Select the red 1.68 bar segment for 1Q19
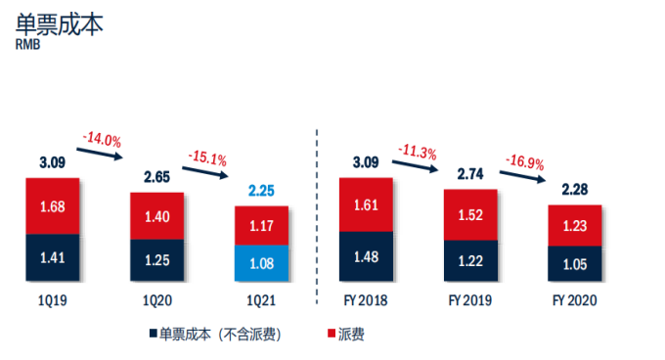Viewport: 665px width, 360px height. (x=53, y=206)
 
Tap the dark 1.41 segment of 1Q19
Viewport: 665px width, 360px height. (x=53, y=258)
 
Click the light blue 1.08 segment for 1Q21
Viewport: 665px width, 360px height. (x=262, y=263)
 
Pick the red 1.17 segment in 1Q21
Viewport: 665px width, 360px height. (x=262, y=226)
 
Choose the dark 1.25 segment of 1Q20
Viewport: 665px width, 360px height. (x=157, y=260)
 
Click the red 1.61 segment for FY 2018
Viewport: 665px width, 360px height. (x=365, y=205)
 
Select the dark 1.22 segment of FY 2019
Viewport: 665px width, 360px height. (x=470, y=261)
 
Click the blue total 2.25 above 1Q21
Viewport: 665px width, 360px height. (x=262, y=192)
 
